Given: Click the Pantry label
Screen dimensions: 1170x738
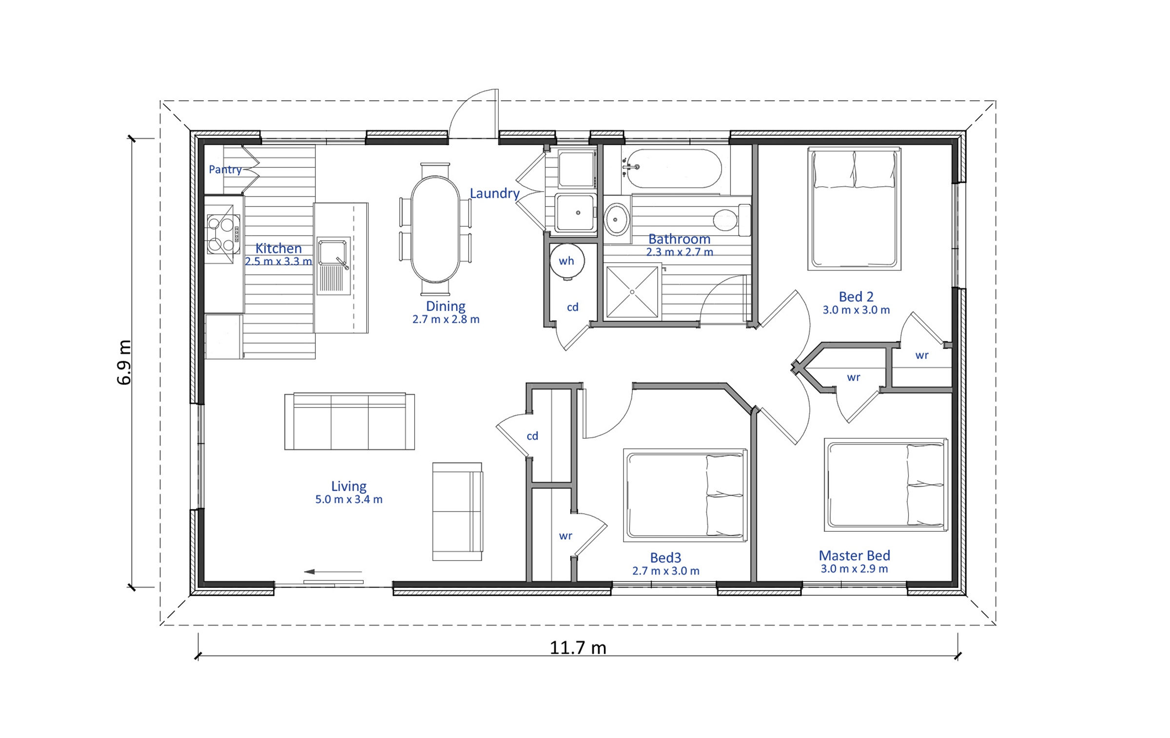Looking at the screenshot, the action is (x=225, y=169).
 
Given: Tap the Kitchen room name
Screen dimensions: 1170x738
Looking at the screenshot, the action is (x=278, y=248).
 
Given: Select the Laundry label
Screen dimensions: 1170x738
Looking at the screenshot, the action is (x=494, y=194).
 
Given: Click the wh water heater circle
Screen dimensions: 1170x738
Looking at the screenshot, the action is (x=566, y=261).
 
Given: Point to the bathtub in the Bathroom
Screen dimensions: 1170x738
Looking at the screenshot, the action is (x=674, y=168).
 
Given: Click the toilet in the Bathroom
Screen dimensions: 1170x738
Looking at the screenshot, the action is (x=731, y=220).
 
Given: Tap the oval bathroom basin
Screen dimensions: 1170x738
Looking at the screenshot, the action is (x=616, y=220).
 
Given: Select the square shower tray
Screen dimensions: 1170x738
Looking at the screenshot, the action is (x=632, y=291).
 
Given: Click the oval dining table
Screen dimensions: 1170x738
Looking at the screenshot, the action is (x=435, y=229).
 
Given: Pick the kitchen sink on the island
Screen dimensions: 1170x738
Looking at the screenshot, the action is (x=333, y=266).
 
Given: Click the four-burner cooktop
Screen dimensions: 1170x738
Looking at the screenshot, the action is (x=223, y=234).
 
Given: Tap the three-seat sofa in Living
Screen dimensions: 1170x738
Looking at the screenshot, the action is (x=349, y=421).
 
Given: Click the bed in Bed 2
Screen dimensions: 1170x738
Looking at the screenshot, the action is (x=854, y=209).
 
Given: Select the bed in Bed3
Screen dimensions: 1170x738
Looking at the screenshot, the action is (x=685, y=495).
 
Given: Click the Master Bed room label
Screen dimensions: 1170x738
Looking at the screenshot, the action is (x=854, y=555).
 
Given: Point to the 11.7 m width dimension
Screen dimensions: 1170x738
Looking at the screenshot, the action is (x=578, y=648).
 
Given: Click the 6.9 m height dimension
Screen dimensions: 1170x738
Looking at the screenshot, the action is (x=124, y=362).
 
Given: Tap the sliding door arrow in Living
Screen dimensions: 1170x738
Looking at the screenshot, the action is (x=332, y=571).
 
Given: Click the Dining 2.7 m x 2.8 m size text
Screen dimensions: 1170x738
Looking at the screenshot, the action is (x=446, y=319).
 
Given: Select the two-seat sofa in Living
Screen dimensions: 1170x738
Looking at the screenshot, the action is (x=457, y=511).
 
